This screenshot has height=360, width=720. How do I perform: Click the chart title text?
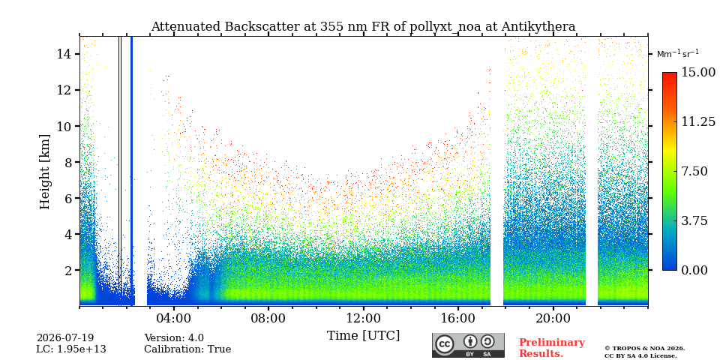click(x=363, y=27)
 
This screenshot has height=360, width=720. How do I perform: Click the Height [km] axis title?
click(x=44, y=172)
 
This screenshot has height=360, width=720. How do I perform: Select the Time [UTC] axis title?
click(x=363, y=336)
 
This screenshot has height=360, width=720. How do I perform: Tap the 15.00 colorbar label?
click(x=698, y=73)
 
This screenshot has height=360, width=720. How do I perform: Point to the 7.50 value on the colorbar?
click(x=695, y=171)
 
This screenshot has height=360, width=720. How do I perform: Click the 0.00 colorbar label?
click(x=695, y=270)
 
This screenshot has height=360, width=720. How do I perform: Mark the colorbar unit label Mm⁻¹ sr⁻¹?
click(x=678, y=54)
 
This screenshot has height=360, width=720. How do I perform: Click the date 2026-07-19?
click(x=65, y=338)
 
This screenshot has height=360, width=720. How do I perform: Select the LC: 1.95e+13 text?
click(x=71, y=349)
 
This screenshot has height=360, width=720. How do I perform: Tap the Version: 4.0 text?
click(x=174, y=338)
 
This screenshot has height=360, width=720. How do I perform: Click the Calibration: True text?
click(x=187, y=349)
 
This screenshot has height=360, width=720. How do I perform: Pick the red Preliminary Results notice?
click(x=552, y=348)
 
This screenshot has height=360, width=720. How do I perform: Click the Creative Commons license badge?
click(x=468, y=345)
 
